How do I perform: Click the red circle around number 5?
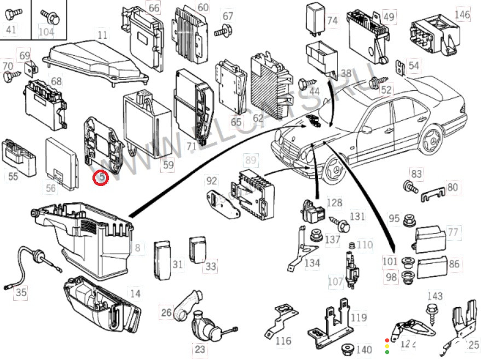tap(101, 177)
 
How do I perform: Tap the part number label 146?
tap(462, 14)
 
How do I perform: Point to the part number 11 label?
tap(102, 36)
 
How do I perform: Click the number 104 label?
tap(46, 31)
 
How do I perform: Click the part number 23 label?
tap(200, 349)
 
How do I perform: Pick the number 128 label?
tap(334, 203)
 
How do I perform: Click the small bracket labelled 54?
tap(399, 67)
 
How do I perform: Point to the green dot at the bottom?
tap(387, 352)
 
